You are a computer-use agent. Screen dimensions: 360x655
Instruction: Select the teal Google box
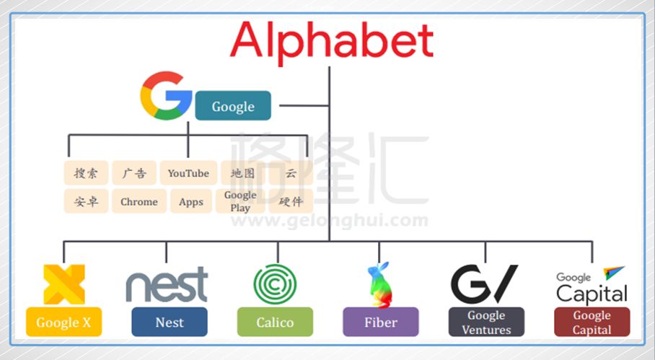pos(233,106)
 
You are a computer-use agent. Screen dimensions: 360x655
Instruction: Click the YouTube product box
pos(188,173)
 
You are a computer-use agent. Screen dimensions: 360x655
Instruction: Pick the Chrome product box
pos(139,202)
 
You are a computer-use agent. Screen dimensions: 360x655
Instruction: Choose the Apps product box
pos(191,202)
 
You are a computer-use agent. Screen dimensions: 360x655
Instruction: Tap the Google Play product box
pos(240,201)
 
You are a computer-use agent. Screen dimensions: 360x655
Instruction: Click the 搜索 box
pos(86,173)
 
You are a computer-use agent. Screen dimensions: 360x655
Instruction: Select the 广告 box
pos(134,173)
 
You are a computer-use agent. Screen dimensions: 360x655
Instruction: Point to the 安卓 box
pos(86,202)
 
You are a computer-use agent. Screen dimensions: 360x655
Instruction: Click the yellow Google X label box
pos(63,322)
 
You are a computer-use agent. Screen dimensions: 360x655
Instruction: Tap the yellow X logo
pos(63,284)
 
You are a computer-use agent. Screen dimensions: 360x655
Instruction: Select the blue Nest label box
pos(170,322)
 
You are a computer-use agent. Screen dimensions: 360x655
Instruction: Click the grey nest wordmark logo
pos(167,284)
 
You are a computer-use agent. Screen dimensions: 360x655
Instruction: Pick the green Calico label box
pos(275,322)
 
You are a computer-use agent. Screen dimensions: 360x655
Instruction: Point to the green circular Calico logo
pos(275,284)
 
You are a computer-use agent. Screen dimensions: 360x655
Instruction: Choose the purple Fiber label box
pos(381,322)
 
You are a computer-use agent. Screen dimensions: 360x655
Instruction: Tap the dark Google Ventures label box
pos(486,322)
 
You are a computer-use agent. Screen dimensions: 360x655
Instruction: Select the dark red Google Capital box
pos(592,322)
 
